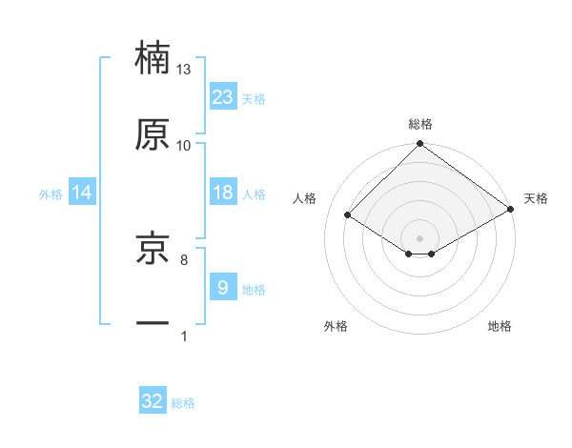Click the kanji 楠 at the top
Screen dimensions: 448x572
153,57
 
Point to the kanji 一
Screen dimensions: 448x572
153,323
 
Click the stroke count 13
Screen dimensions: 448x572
184,70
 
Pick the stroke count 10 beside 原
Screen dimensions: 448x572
184,145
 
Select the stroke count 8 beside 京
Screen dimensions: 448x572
184,258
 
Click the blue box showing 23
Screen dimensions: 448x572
223,97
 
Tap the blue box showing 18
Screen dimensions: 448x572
223,193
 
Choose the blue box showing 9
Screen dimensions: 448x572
223,288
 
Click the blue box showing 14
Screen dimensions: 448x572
82,193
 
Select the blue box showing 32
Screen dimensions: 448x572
153,402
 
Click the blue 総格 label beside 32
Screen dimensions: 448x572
183,403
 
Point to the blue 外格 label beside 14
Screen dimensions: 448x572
51,193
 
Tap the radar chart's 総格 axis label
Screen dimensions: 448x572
419,124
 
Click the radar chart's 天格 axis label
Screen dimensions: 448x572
536,198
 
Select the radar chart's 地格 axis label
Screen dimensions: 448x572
500,326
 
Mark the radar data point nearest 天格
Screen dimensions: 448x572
511,211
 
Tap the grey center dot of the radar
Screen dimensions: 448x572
419,237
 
